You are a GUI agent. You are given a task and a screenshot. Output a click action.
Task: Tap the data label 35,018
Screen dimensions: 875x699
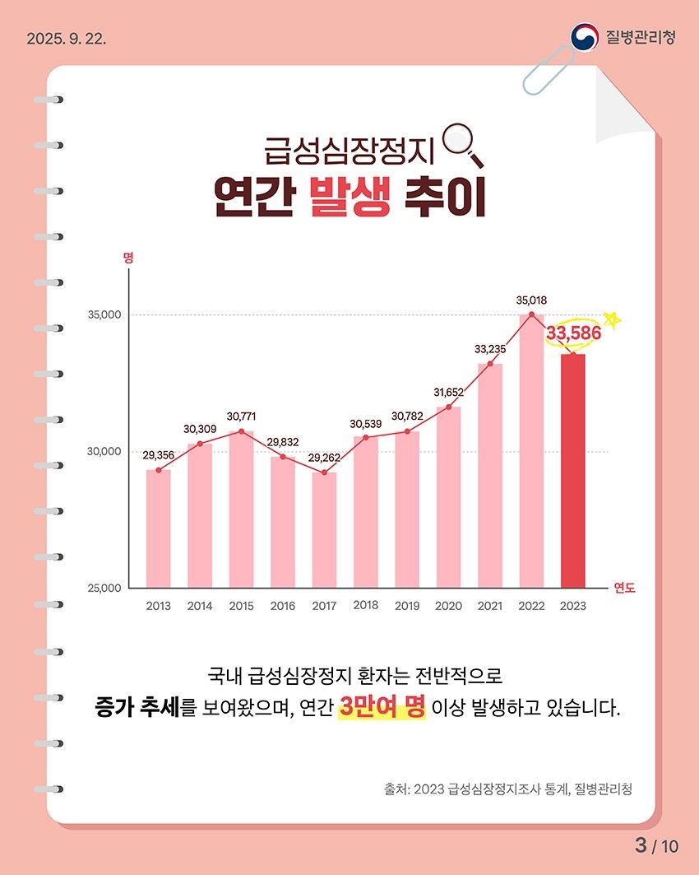click(531, 300)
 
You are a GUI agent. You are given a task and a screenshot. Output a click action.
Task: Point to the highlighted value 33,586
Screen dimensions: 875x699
click(573, 334)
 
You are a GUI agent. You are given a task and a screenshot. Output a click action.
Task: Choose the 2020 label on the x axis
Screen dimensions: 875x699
click(448, 607)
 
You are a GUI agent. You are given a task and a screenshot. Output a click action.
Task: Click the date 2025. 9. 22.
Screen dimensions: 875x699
click(67, 39)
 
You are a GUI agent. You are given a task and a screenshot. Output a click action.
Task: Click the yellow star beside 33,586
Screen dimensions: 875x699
click(610, 319)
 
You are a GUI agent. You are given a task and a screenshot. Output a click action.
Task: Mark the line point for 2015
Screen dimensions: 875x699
click(241, 431)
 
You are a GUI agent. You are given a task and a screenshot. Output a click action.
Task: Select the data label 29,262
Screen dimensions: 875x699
click(324, 458)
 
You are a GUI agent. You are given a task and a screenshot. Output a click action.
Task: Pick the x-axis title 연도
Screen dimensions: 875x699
click(625, 588)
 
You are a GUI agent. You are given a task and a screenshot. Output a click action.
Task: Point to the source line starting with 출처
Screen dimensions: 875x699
click(507, 789)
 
